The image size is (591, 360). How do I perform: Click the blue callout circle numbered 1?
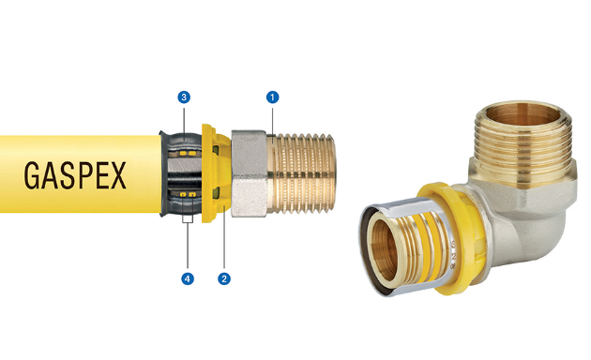click(272, 97)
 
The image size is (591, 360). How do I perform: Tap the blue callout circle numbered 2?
click(224, 278)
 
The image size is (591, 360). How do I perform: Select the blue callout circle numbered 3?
click(184, 97)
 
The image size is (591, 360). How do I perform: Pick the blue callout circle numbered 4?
click(188, 278)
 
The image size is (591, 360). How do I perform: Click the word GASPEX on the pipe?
click(75, 176)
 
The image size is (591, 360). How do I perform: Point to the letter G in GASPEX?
click(32, 176)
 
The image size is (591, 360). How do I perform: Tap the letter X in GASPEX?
click(118, 176)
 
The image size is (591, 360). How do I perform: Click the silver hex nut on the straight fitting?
click(250, 173)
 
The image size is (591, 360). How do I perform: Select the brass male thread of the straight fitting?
click(301, 173)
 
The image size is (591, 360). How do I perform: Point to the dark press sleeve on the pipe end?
click(180, 173)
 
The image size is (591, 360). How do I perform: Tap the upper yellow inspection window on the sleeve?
click(188, 154)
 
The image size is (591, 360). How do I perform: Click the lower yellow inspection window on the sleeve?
click(188, 194)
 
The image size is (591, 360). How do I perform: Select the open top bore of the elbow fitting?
click(523, 115)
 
